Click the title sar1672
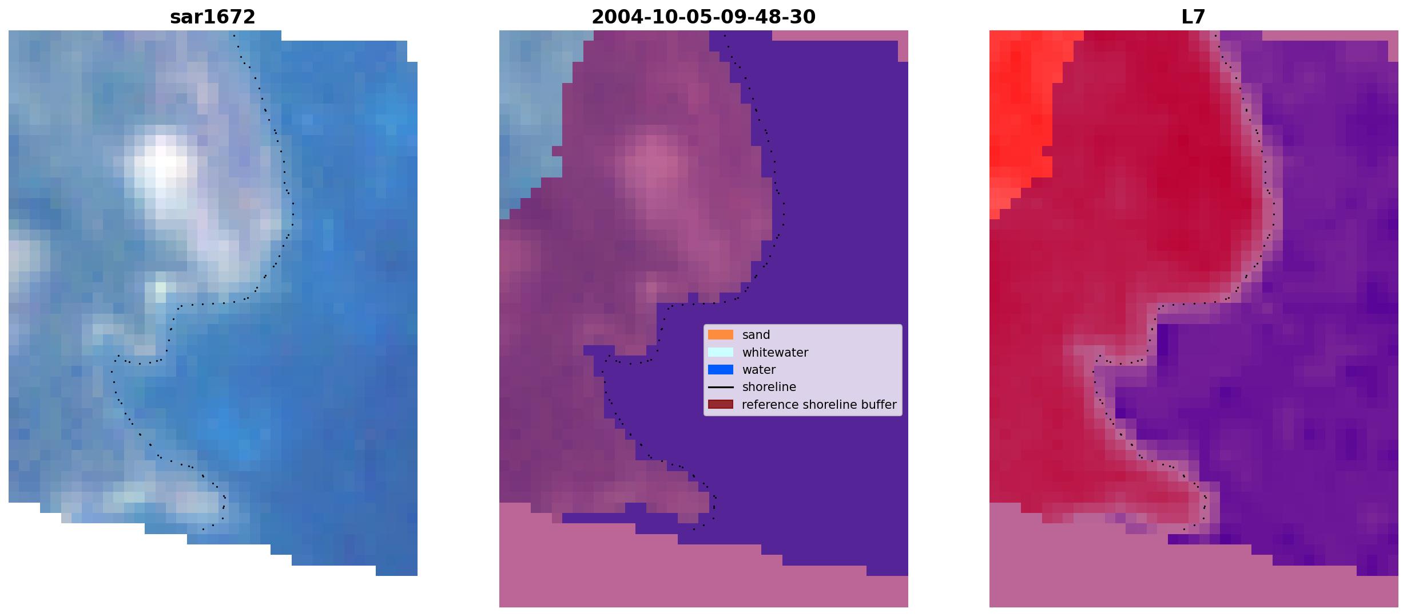213,17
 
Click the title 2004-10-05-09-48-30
703,17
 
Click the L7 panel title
1194,17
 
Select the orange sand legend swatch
721,335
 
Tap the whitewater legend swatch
721,352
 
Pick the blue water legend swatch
721,370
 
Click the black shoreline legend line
721,388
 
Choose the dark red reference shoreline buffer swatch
721,405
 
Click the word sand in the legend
756,335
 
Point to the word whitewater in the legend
775,353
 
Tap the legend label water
759,370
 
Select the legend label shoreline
769,387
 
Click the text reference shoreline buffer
819,405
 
